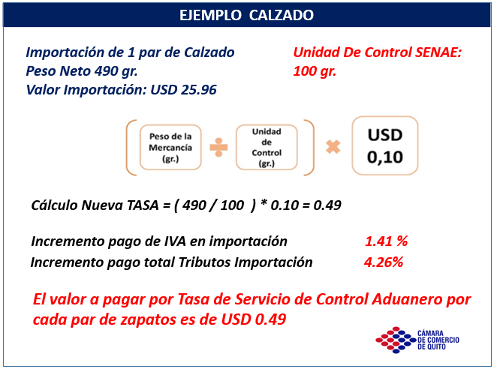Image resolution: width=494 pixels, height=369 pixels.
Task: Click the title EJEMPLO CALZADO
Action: [246, 15]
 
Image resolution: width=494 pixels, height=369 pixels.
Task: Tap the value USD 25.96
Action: [183, 90]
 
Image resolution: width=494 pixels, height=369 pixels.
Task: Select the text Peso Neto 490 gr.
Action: [82, 71]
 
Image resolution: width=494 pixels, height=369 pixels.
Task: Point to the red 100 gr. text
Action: [315, 71]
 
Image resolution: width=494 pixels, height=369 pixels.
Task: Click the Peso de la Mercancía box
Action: [170, 147]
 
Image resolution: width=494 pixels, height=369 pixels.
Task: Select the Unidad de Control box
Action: [267, 147]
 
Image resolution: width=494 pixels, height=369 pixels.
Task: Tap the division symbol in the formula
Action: [218, 147]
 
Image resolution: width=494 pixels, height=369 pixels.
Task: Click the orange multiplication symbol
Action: [333, 147]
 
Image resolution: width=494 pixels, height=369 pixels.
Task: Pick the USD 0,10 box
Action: [385, 145]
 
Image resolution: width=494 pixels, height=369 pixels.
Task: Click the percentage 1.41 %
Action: [386, 241]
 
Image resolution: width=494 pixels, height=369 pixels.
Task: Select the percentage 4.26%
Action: [384, 262]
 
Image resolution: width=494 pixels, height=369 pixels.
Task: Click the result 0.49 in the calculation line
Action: [327, 205]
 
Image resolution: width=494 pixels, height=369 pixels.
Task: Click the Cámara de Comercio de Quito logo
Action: [417, 340]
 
